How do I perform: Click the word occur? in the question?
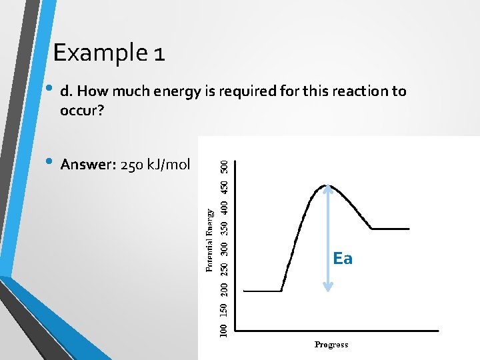point(82,110)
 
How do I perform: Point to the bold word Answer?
point(87,165)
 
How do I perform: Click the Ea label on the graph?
point(342,259)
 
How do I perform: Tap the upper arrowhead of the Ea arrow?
point(327,189)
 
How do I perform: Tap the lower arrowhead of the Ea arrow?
point(327,288)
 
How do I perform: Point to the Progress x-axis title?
point(331,345)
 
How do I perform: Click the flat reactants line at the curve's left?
point(262,291)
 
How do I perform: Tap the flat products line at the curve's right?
point(390,229)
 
